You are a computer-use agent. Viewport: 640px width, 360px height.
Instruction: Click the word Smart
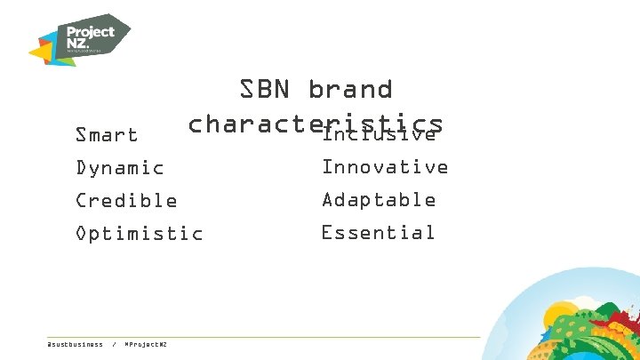[107, 135]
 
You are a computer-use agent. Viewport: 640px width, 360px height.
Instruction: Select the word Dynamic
[120, 168]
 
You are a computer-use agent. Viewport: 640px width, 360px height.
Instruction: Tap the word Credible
[126, 201]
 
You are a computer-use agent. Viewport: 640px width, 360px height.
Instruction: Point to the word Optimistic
[140, 234]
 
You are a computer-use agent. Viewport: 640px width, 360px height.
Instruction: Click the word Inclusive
[380, 135]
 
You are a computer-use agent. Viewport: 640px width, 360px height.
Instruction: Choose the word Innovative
[385, 167]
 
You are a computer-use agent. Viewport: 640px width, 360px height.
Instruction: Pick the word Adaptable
[379, 200]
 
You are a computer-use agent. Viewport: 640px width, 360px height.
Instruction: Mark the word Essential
[378, 233]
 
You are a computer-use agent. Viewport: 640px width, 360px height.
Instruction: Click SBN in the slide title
[266, 89]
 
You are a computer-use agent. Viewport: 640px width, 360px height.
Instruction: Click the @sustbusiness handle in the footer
[75, 344]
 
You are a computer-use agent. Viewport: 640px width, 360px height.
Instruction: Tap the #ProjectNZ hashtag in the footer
[147, 344]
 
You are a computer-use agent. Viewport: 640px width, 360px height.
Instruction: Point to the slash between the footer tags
[114, 344]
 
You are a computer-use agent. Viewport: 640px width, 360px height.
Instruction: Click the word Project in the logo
[92, 32]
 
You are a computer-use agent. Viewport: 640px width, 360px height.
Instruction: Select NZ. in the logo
[80, 44]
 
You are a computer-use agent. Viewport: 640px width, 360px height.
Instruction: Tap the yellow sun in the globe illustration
[563, 315]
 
